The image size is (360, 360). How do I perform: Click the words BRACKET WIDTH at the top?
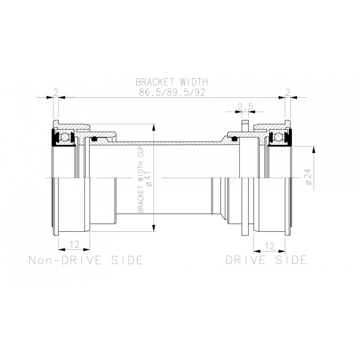(172, 82)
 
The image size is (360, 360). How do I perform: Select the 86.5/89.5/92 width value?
(172, 92)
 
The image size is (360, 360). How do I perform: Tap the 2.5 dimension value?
(245, 107)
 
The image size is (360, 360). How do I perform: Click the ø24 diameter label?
(309, 176)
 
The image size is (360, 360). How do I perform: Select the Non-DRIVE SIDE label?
(85, 260)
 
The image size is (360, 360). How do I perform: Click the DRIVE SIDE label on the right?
(266, 260)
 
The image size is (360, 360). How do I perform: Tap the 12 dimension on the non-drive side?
(75, 244)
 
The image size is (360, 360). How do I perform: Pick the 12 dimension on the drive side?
(270, 246)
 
